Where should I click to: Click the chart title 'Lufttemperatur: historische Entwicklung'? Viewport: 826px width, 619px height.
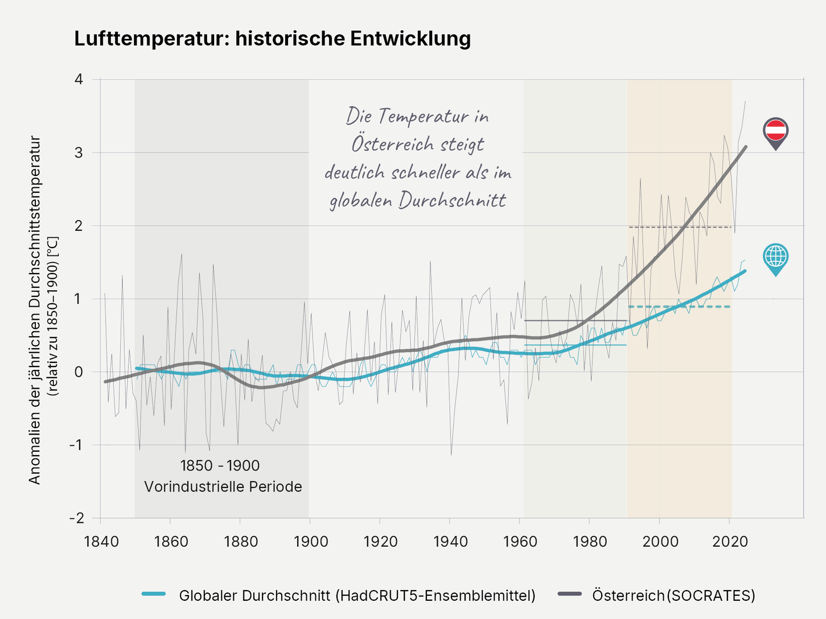[272, 39]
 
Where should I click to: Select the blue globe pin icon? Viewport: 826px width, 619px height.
[775, 258]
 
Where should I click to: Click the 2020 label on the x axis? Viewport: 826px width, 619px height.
[730, 541]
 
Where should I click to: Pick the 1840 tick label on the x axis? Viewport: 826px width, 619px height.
[101, 541]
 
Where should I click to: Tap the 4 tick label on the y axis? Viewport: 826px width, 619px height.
[79, 79]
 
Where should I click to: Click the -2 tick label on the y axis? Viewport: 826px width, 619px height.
[76, 518]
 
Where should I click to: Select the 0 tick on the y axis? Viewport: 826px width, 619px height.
[79, 372]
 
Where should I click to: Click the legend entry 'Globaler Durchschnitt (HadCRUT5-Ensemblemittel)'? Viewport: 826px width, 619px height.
[357, 595]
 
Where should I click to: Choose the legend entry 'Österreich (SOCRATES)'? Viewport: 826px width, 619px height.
[673, 595]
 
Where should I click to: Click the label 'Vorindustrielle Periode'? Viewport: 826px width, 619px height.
[223, 487]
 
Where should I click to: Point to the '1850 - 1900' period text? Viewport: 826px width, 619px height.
[220, 465]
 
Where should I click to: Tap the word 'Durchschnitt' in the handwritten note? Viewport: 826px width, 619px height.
[452, 200]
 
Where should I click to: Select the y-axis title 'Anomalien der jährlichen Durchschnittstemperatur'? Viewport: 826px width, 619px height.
[35, 310]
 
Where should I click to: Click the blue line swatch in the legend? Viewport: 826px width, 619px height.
[154, 595]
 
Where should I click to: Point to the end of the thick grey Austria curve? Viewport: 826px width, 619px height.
[745, 147]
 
